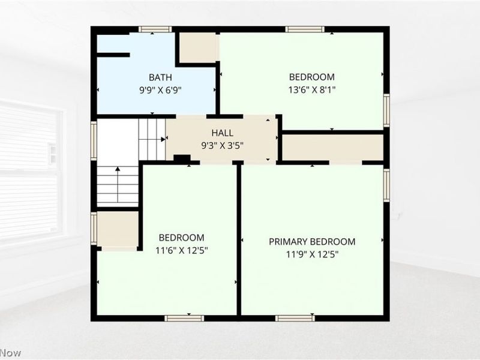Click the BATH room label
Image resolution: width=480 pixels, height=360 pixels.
pos(160,77)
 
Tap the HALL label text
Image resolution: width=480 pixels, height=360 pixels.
pos(222,133)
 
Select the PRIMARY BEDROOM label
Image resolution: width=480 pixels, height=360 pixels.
pos(312,242)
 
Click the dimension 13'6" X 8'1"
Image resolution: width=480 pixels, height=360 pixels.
pos(312,90)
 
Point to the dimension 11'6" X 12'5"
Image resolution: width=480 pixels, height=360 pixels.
pos(182,251)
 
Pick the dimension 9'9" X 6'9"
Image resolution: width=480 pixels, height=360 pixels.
pos(160,91)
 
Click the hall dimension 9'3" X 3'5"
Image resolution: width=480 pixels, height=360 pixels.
pos(222,145)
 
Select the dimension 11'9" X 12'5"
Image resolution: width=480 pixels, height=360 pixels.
pos(312,254)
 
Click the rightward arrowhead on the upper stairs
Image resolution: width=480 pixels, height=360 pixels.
pos(163,139)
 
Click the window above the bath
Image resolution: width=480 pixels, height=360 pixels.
pos(155,29)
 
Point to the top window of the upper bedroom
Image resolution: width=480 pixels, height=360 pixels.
pos(305,29)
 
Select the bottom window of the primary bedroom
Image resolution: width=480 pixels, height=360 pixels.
pos(295,318)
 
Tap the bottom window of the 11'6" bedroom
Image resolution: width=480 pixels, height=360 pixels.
pos(184,318)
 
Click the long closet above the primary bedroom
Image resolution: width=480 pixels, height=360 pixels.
pos(332,147)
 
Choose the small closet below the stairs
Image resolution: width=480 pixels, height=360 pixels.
pos(118,230)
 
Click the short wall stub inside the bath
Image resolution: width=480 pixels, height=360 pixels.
pos(113,55)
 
